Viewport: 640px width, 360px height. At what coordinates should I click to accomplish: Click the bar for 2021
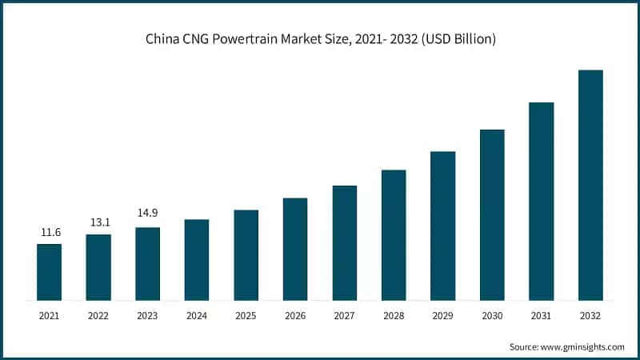49,272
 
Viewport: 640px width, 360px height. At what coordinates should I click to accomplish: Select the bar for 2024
197,260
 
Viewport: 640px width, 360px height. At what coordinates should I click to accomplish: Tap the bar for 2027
345,243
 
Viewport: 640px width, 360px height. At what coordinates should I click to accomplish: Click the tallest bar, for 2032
590,185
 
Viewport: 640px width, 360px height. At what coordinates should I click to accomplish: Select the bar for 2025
246,255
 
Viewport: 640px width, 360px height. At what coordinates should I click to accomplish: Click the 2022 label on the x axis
98,316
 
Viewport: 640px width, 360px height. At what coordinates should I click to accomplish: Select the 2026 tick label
295,316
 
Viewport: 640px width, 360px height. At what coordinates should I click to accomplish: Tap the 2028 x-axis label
394,316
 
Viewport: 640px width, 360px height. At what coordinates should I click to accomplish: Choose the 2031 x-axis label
542,316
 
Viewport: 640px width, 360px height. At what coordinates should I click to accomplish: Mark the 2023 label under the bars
147,316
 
